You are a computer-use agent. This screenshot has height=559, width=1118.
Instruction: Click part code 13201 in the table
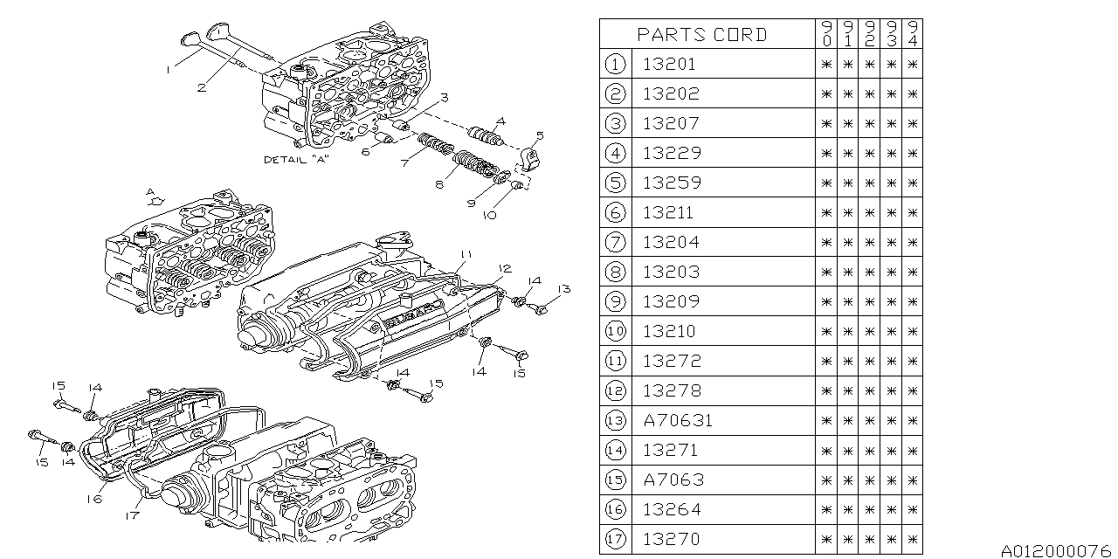click(670, 64)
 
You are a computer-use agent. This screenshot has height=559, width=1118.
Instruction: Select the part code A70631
click(677, 420)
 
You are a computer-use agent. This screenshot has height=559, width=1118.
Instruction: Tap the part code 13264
click(671, 509)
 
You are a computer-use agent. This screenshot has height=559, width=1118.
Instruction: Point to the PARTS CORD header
click(701, 35)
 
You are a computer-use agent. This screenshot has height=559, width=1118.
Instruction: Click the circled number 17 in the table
click(615, 539)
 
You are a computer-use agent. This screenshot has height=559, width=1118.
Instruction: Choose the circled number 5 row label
click(615, 183)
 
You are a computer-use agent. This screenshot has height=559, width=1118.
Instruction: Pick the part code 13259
click(671, 183)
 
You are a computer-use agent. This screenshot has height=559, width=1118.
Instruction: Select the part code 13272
click(671, 361)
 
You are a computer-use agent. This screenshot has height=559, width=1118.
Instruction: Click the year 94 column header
click(912, 35)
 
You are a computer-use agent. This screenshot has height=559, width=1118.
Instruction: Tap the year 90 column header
click(826, 35)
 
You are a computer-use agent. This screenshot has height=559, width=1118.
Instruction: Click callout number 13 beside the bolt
click(564, 288)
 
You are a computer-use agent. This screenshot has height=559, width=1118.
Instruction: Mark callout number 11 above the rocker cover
click(466, 254)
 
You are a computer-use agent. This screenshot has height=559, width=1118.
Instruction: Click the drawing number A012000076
click(1055, 550)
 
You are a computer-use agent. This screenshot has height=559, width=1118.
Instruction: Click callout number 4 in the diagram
click(500, 122)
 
